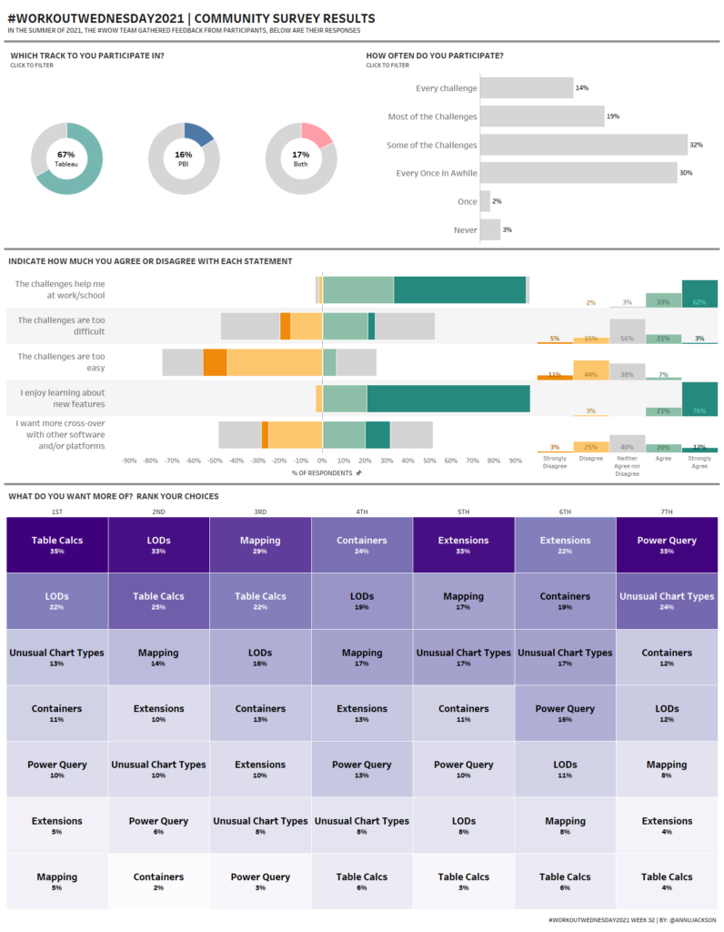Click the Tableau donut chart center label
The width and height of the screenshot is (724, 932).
point(65,158)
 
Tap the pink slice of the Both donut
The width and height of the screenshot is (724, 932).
point(319,136)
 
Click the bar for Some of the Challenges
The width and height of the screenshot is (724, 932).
point(583,145)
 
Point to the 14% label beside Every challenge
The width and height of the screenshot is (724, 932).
point(581,88)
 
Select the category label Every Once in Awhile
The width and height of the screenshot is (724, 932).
point(437,173)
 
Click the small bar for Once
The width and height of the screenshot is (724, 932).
point(485,201)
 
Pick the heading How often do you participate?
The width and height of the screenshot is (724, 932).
point(434,56)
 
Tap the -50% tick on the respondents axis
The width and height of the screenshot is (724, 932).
point(215,461)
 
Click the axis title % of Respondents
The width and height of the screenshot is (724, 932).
point(322,472)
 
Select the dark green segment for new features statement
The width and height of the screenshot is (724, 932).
point(447,399)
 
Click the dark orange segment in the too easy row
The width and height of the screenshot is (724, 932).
point(215,362)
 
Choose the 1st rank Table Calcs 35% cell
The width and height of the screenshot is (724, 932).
point(57,544)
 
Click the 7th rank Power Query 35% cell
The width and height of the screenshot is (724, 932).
point(667,544)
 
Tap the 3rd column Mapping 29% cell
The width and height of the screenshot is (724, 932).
point(260,544)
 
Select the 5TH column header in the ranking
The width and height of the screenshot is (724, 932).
point(463,512)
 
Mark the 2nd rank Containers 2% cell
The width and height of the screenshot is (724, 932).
point(158,881)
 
